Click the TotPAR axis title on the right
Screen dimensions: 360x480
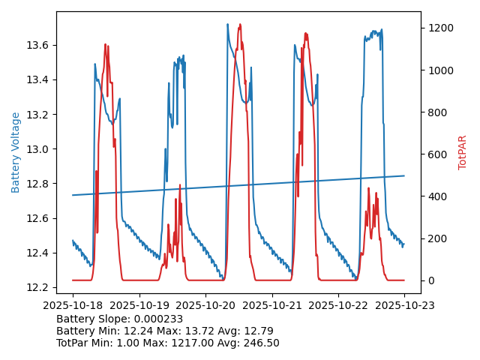(463, 152)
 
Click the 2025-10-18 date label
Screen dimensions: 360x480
(73, 306)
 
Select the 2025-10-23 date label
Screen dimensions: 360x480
(404, 306)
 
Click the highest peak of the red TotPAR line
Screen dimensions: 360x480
(240, 25)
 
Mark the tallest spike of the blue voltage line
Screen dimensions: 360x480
(227, 24)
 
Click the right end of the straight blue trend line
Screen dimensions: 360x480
(404, 175)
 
